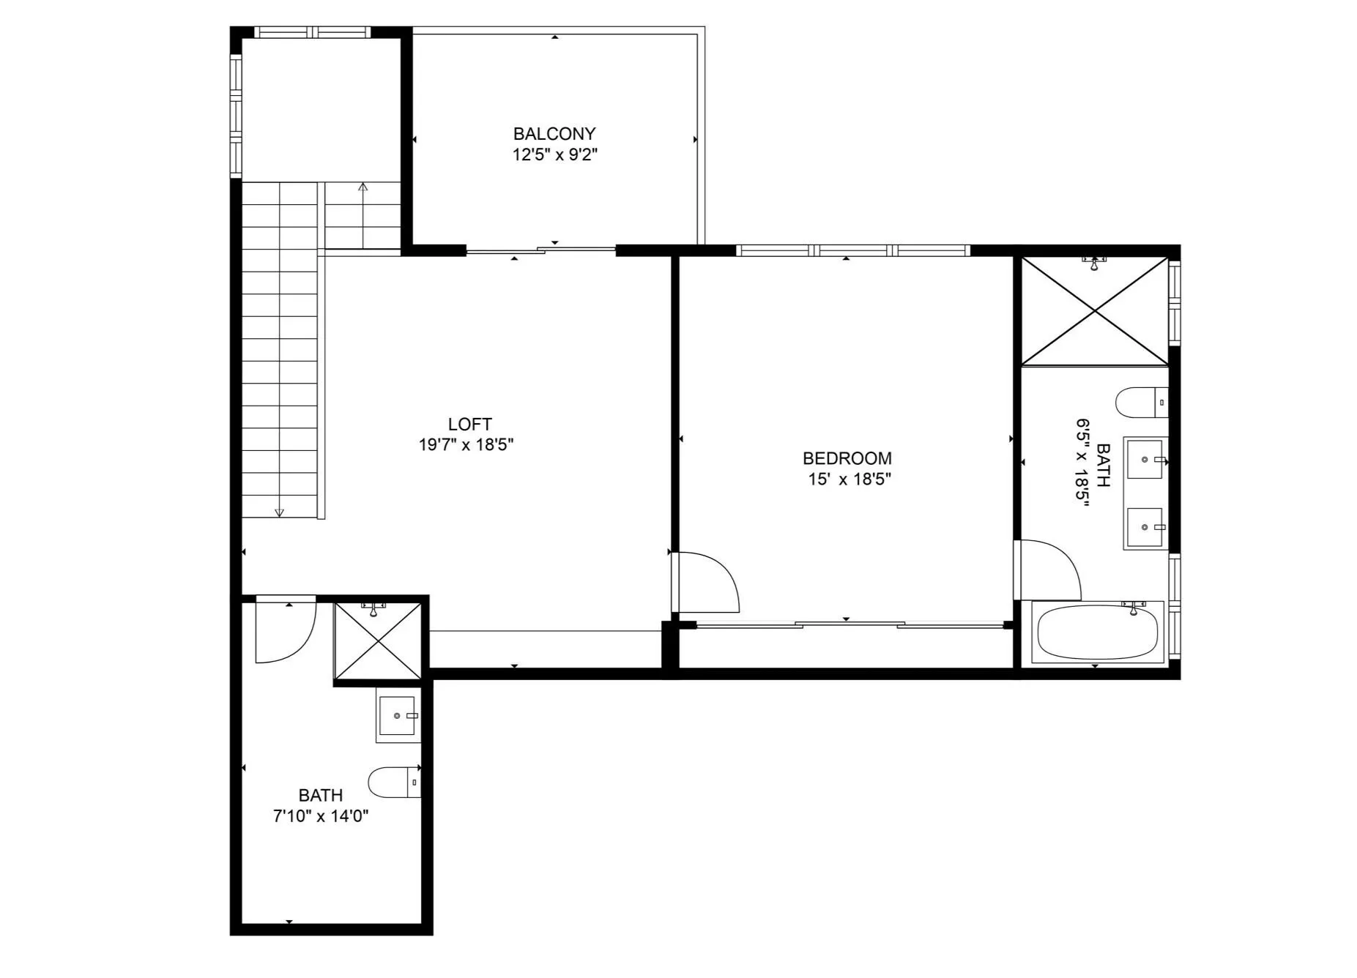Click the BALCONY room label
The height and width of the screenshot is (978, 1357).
554,134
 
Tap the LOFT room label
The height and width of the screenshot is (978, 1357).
470,424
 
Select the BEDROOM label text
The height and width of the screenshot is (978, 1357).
847,458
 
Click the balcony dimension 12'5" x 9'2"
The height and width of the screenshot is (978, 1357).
555,154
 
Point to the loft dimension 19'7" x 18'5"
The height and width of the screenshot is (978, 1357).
466,444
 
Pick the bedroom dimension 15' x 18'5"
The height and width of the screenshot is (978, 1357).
849,479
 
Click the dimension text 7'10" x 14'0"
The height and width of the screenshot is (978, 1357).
321,815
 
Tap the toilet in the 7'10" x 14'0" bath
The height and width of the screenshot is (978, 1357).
394,783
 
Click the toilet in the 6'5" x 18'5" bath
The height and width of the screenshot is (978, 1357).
1142,403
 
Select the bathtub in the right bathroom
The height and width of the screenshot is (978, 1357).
1097,632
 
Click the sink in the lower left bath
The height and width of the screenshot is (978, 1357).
398,715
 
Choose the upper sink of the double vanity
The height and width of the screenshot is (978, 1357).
1145,459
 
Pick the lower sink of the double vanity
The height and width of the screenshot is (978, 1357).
1145,527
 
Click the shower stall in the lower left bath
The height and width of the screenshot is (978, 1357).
378,641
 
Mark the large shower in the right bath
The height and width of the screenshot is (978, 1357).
1095,311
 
